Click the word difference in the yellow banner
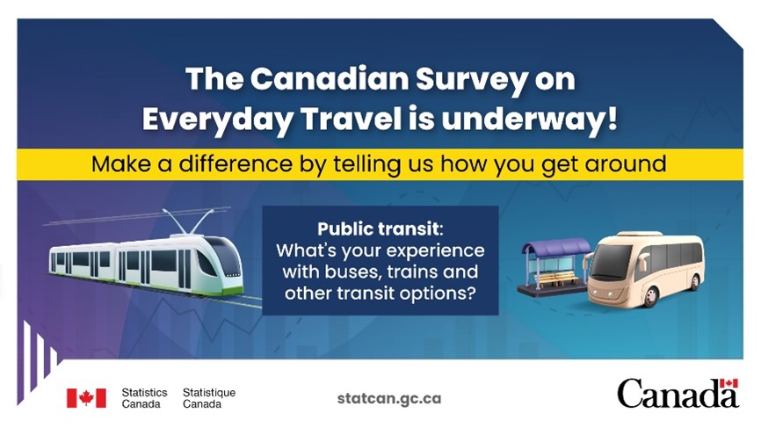coord(236,163)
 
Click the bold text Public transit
coord(379,229)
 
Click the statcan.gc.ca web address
coord(389,399)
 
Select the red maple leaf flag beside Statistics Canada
coord(86,398)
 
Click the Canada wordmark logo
coord(678,393)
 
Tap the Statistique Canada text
coord(209,398)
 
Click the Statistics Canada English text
coord(144,398)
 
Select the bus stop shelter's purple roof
coord(555,246)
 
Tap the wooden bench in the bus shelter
coord(559,278)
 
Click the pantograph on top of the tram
coord(190,221)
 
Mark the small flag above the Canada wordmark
coord(729,383)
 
